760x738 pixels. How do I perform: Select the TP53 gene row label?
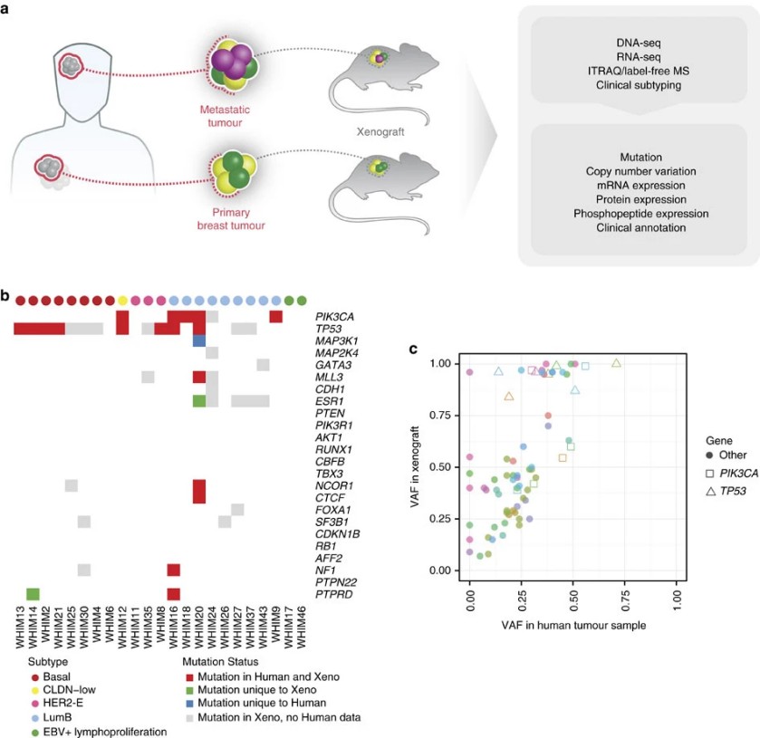(328, 329)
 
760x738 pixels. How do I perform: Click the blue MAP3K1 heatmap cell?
(199, 340)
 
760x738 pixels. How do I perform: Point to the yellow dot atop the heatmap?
(122, 300)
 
